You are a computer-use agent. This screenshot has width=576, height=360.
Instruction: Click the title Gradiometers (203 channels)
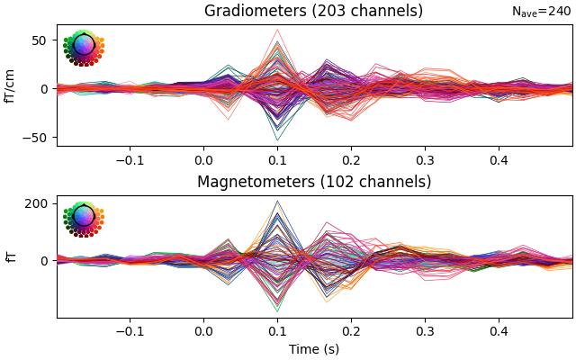point(313,12)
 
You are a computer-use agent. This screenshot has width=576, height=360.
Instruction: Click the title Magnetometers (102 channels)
point(313,182)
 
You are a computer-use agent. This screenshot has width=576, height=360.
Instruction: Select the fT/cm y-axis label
point(11,85)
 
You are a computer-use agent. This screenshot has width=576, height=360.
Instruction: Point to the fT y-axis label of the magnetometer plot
point(11,256)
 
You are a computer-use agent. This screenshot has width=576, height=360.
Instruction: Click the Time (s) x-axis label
point(313,349)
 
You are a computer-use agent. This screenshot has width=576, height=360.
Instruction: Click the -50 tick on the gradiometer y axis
point(37,138)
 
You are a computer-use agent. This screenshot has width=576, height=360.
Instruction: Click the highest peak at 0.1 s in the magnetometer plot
point(277,201)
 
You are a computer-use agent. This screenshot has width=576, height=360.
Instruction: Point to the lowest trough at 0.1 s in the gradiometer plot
point(277,139)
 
